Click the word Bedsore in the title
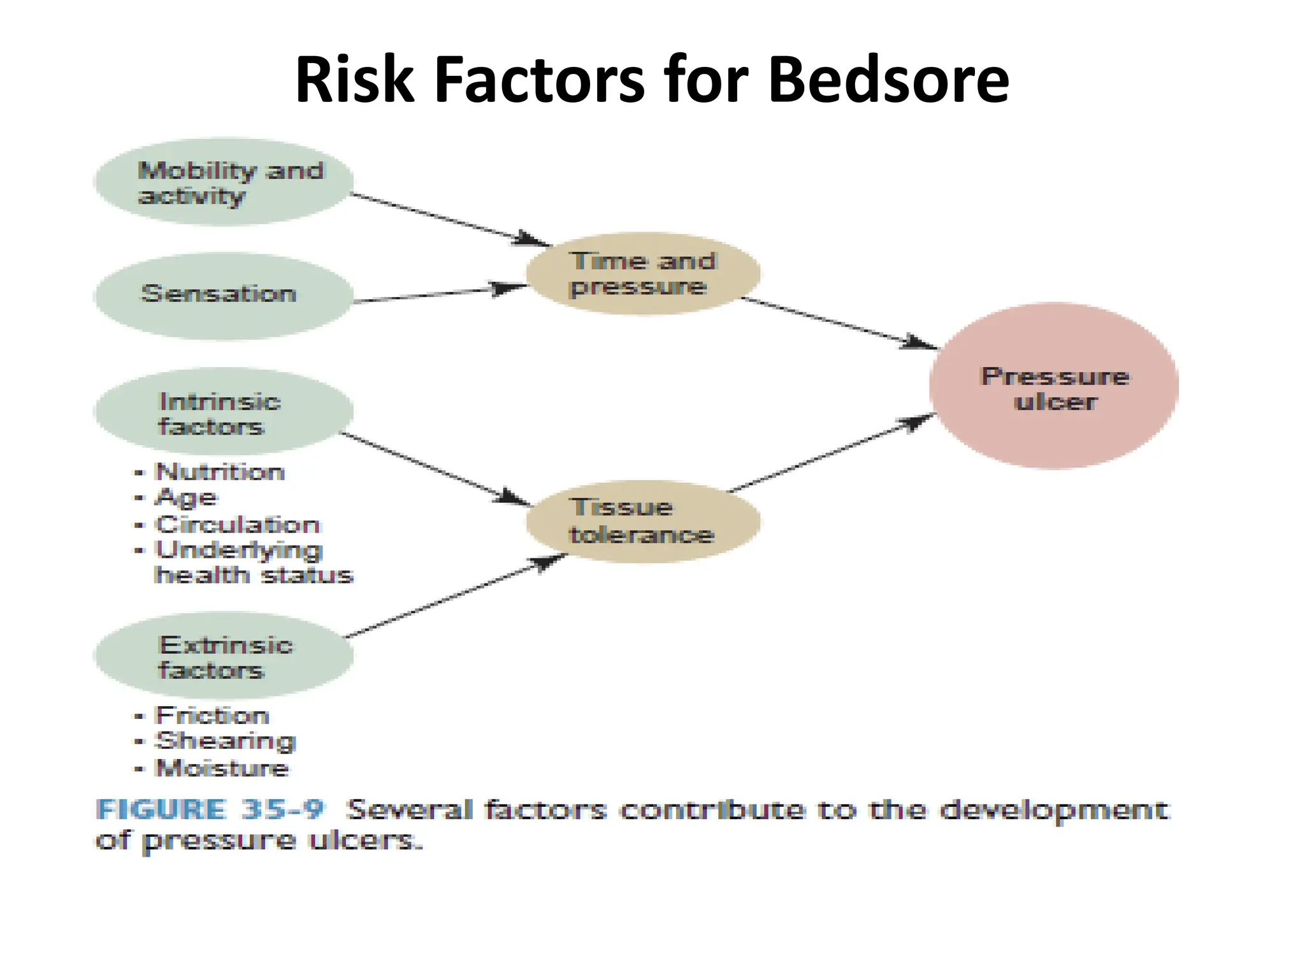coord(888,80)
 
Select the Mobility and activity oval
coord(223,182)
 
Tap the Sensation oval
coord(223,296)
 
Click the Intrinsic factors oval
coord(223,412)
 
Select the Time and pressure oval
coord(642,273)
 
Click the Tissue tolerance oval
coord(642,521)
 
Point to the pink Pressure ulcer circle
coord(1054,386)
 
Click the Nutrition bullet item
coord(220,472)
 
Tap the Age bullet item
coord(186,498)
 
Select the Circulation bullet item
coord(237,525)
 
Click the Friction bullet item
coord(212,715)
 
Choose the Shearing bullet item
coord(226,741)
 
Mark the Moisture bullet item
coord(222,768)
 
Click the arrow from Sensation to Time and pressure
coord(440,294)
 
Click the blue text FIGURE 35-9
coord(210,809)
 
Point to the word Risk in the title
coord(354,80)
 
